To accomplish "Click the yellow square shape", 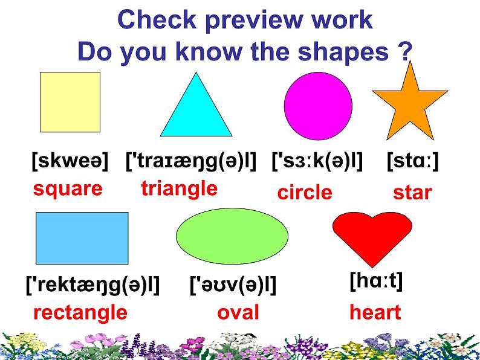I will click(x=70, y=101).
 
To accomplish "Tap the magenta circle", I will click(x=318, y=106).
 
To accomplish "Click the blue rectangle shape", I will click(x=82, y=237).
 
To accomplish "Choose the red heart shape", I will click(x=372, y=237).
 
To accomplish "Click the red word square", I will click(x=68, y=189).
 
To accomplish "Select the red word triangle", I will click(x=179, y=188).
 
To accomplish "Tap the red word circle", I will click(x=305, y=193).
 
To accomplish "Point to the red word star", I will click(x=412, y=193).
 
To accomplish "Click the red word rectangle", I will click(x=80, y=313).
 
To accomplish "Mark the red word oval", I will click(x=238, y=313).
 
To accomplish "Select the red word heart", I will click(x=375, y=313).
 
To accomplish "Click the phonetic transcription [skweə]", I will click(x=70, y=161).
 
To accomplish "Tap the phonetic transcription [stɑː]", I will click(x=412, y=161).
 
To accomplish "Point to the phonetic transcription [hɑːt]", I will click(x=376, y=281).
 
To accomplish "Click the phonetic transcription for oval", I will click(x=233, y=284).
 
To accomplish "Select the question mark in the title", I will click(x=406, y=53).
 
